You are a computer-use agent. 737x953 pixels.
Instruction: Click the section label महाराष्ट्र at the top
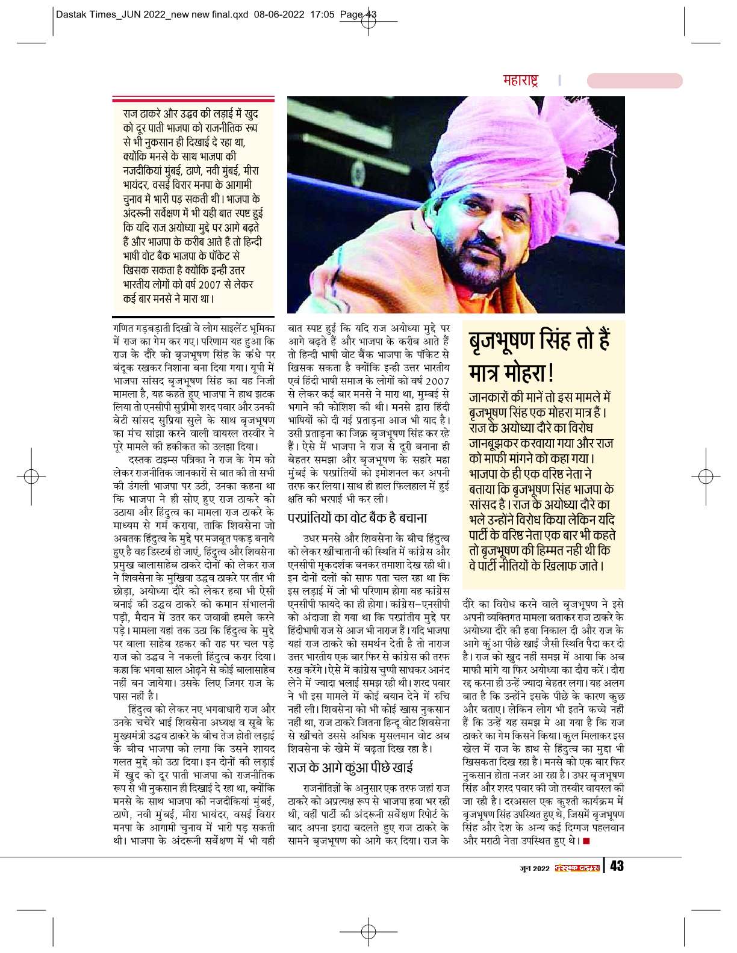[520, 81]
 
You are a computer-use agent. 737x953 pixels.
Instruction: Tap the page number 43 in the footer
[617, 866]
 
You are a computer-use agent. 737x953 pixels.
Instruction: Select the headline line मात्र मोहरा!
[511, 373]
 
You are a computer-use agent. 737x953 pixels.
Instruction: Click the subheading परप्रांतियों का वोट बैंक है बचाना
[357, 517]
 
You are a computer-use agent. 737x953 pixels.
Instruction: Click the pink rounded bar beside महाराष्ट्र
[634, 81]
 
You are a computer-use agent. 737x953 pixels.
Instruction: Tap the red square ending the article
[586, 841]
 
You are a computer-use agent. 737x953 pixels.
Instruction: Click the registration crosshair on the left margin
[36, 477]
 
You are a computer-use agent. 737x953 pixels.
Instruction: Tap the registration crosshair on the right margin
[701, 477]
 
